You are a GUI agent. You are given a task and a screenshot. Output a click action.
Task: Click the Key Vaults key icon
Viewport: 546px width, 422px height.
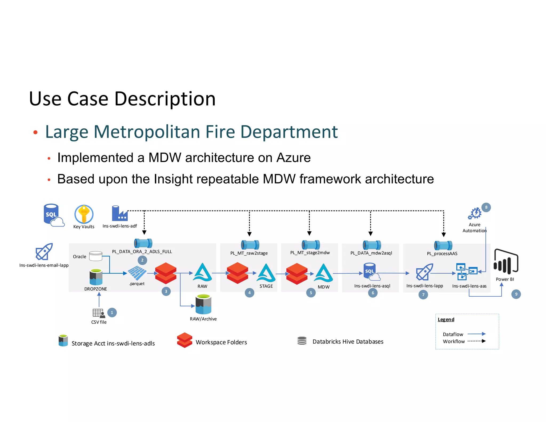pyautogui.click(x=84, y=214)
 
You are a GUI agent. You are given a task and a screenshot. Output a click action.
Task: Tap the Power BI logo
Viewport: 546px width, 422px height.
pyautogui.click(x=506, y=262)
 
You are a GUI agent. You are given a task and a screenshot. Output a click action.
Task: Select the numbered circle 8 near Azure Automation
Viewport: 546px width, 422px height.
pyautogui.click(x=486, y=207)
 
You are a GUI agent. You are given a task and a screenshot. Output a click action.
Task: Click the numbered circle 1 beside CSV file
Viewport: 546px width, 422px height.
pyautogui.click(x=112, y=312)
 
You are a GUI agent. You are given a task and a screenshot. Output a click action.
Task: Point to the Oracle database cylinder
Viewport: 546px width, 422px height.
pyautogui.click(x=95, y=256)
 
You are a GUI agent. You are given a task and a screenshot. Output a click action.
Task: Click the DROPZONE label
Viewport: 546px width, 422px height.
pyautogui.click(x=95, y=289)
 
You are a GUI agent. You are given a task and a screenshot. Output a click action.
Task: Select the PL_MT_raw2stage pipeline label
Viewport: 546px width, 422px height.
pyautogui.click(x=249, y=253)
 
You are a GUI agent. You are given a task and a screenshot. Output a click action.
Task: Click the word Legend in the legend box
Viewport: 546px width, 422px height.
pyautogui.click(x=446, y=320)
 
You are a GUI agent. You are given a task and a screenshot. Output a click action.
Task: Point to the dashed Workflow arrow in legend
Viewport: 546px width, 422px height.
pyautogui.click(x=476, y=341)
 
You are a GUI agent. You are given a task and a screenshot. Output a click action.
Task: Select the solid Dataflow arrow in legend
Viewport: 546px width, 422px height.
pyautogui.click(x=476, y=334)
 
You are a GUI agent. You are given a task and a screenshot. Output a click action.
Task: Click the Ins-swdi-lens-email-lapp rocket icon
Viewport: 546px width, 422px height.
pyautogui.click(x=44, y=252)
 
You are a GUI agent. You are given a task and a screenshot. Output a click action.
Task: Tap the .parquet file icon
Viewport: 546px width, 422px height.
pyautogui.click(x=137, y=273)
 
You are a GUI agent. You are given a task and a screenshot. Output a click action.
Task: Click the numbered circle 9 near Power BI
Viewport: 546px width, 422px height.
pyautogui.click(x=516, y=294)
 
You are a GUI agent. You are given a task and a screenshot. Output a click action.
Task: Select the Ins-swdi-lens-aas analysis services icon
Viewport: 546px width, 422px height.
pyautogui.click(x=466, y=272)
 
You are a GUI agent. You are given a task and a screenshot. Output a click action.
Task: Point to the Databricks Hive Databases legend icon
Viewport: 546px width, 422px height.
pyautogui.click(x=302, y=341)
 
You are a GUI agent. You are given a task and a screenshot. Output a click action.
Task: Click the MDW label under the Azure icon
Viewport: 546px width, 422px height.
pyautogui.click(x=323, y=287)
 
